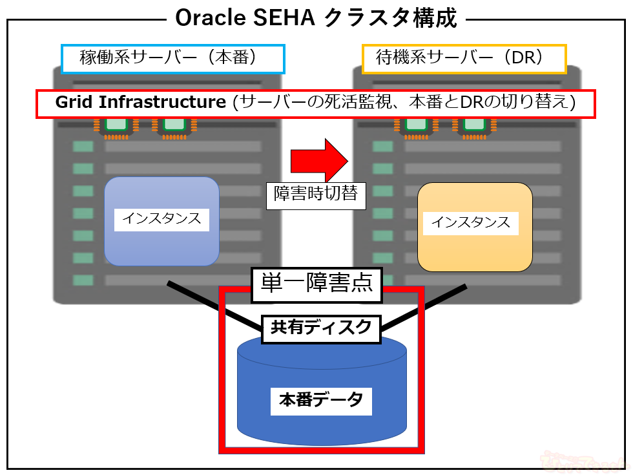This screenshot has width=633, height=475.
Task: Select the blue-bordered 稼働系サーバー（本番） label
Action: [x=172, y=58]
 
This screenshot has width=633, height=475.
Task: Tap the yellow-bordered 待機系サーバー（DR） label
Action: [x=464, y=59]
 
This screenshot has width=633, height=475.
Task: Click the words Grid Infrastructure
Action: [x=140, y=103]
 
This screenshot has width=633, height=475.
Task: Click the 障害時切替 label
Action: [x=316, y=194]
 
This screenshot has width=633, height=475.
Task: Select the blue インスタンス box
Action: [x=161, y=221]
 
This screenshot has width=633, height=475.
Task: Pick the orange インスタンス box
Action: [x=475, y=226]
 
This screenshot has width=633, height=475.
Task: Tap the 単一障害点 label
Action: [x=316, y=284]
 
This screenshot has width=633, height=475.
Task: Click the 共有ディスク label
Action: [x=321, y=328]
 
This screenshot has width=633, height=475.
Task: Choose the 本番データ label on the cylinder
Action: [x=321, y=400]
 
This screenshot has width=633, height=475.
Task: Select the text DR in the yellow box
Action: [x=521, y=59]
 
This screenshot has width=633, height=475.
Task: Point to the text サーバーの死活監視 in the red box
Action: [x=303, y=103]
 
